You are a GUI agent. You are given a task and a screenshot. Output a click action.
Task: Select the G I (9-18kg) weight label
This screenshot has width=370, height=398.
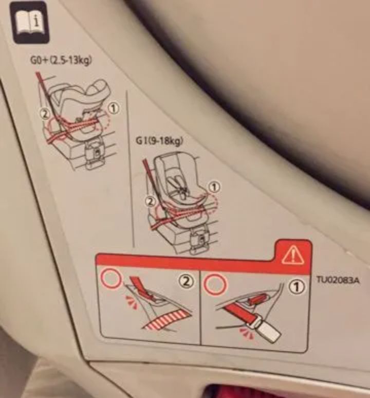[159, 141]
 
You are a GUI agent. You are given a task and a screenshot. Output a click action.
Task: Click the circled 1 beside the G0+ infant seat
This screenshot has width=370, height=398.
[114, 108]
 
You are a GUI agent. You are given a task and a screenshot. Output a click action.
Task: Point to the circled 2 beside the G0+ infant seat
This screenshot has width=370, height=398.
[45, 115]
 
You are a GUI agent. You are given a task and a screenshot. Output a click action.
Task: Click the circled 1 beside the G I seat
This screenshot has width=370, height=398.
[214, 187]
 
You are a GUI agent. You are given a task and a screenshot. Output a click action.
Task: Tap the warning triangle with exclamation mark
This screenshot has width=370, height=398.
[293, 254]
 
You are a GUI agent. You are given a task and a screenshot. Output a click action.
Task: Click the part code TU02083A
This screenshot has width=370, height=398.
[338, 280]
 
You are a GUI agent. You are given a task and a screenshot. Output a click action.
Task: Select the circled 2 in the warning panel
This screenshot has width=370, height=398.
[187, 282]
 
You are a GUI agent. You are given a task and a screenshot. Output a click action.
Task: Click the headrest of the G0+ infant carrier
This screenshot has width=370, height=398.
[98, 89]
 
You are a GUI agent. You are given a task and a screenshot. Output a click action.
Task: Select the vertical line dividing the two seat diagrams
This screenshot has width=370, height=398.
[130, 169]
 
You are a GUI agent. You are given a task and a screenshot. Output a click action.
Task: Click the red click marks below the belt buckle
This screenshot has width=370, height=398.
[247, 334]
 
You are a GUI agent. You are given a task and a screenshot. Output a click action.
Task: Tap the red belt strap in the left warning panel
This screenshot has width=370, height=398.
[142, 288]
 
